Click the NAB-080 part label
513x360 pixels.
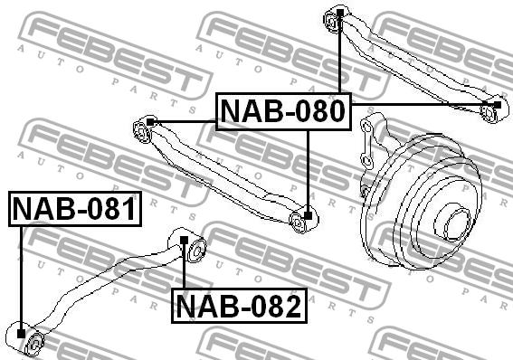click(283, 111)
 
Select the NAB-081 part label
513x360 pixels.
click(74, 210)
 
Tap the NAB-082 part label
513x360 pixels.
click(238, 307)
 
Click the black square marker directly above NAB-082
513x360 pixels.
click(185, 241)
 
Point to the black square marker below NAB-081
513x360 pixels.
click(21, 335)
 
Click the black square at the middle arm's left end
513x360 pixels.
click(151, 121)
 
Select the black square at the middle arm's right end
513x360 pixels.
click(309, 215)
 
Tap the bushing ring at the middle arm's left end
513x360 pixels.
click(141, 133)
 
